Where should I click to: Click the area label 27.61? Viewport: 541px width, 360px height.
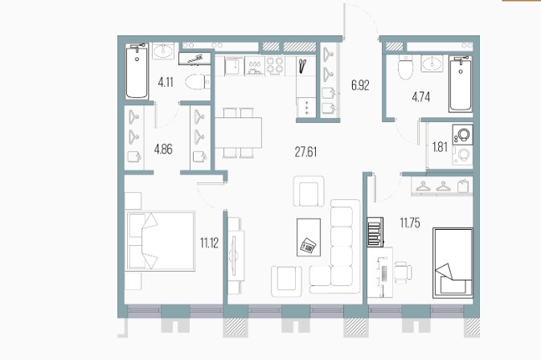point(305,152)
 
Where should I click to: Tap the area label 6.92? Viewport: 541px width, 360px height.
point(360,85)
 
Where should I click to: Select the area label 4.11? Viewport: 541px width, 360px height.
point(166,83)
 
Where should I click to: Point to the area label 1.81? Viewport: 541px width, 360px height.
point(440,147)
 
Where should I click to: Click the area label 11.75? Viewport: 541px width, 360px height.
point(410,223)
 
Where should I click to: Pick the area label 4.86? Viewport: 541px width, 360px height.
point(163,149)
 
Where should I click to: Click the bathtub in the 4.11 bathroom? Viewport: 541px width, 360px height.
point(137,72)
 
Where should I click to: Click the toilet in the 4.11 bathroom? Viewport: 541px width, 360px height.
point(198,82)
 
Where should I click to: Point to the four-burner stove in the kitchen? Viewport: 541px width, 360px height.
point(275,66)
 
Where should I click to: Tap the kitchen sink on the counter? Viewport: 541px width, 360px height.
point(234,66)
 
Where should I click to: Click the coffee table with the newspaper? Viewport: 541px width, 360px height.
point(309,238)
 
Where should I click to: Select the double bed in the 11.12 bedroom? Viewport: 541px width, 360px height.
point(160,241)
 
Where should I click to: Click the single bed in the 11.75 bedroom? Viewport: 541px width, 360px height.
point(453,263)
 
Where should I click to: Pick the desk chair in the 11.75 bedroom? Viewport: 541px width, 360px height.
point(403,272)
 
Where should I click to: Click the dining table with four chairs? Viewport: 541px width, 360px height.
point(238,133)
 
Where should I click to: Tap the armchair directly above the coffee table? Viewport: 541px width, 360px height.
point(309,191)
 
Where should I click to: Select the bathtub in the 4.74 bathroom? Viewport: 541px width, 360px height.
point(461,84)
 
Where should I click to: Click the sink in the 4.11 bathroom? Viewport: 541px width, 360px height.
point(163,51)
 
